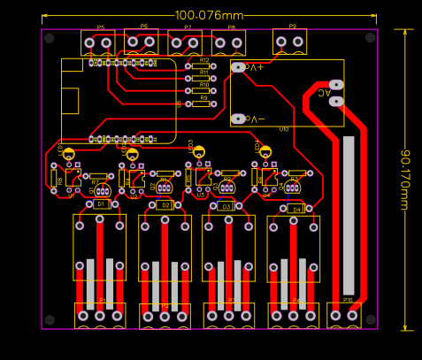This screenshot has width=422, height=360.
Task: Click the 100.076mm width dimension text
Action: pyautogui.click(x=209, y=15)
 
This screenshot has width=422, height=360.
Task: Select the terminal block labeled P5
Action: pyautogui.click(x=98, y=42)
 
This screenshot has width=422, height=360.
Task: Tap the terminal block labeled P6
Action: pyautogui.click(x=142, y=40)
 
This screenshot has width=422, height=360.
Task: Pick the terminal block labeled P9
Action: pyautogui.click(x=289, y=41)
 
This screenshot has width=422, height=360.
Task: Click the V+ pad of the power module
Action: pyautogui.click(x=238, y=66)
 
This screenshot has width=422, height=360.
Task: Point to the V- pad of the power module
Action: pyautogui.click(x=237, y=119)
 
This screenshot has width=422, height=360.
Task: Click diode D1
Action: pyautogui.click(x=100, y=204)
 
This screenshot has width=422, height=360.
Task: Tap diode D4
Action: pyautogui.click(x=295, y=209)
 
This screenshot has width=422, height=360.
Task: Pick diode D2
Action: pyautogui.click(x=164, y=205)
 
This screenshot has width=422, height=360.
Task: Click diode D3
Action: pyautogui.click(x=226, y=206)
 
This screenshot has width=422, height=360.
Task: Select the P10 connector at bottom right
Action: pyautogui.click(x=344, y=315)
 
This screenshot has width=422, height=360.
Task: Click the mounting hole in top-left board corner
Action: pyautogui.click(x=50, y=39)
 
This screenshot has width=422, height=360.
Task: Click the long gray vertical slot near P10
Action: pyautogui.click(x=349, y=216)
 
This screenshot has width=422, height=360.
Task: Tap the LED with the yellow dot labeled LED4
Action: pyautogui.click(x=265, y=153)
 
